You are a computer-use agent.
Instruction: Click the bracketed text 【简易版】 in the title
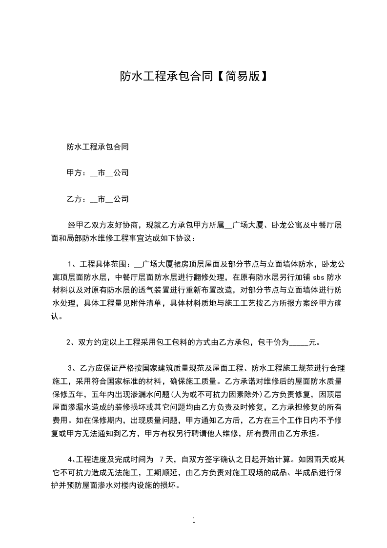point(240,76)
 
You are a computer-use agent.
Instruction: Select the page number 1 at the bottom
point(194,520)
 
